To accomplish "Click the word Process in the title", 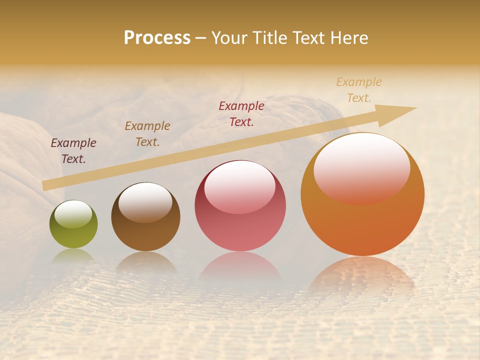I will click(x=157, y=38).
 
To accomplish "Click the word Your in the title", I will click(x=229, y=38).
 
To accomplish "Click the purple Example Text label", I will click(x=73, y=151).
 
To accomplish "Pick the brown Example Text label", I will click(x=147, y=134).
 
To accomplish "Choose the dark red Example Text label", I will click(x=241, y=114).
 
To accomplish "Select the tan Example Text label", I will click(x=359, y=90).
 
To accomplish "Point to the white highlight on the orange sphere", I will click(x=361, y=167).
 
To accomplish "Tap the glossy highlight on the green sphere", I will click(x=73, y=214).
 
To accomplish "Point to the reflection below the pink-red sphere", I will click(x=240, y=265).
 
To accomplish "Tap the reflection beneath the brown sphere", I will click(x=145, y=262).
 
